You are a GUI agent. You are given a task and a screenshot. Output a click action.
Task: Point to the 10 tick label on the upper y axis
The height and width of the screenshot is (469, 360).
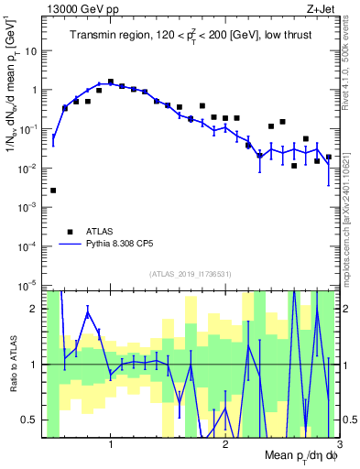(31, 51)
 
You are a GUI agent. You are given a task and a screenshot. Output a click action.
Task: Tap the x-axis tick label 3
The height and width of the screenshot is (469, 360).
(338, 443)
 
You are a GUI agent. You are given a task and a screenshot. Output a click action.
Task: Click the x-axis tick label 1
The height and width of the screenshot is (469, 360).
(111, 443)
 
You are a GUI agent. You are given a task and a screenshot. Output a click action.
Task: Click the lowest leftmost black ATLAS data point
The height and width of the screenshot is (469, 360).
(53, 191)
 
